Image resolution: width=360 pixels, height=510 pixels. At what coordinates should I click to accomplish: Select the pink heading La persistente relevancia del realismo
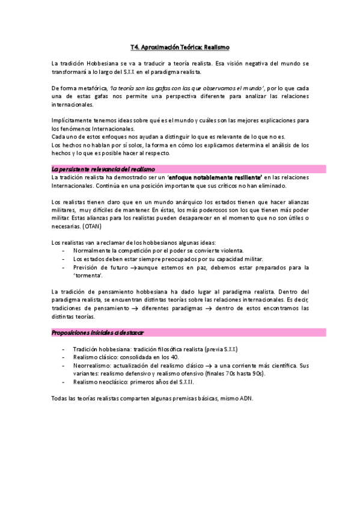103,169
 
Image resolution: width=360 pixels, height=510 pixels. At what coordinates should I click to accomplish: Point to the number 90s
255,373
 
